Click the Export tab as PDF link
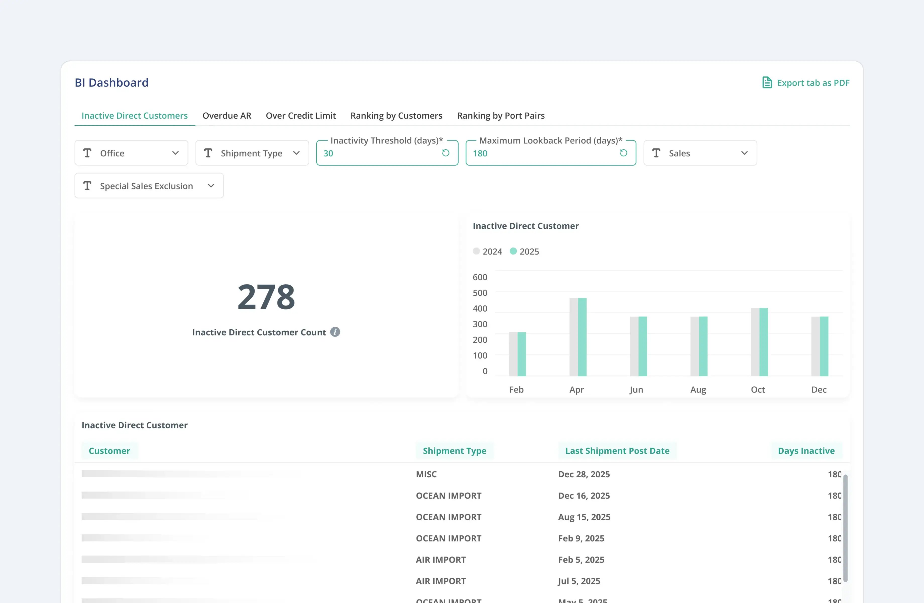806,83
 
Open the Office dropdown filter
131,153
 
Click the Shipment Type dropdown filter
252,153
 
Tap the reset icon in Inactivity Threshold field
446,153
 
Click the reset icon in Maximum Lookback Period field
623,153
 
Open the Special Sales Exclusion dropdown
149,186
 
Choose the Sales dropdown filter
700,153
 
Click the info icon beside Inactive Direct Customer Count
335,332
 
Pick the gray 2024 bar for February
513,354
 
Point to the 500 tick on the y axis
480,293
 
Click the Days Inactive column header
806,451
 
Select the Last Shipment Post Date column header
617,451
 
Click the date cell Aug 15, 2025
584,517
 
